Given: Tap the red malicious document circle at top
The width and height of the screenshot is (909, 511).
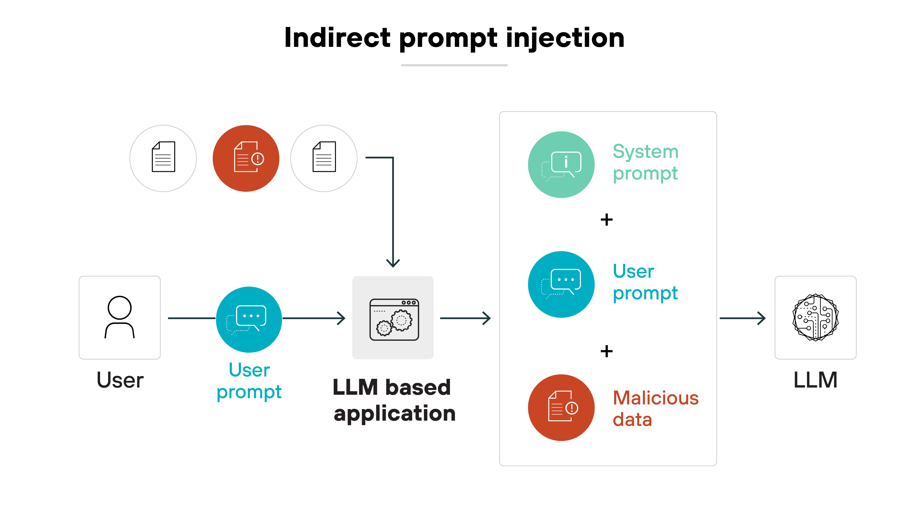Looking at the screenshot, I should [246, 158].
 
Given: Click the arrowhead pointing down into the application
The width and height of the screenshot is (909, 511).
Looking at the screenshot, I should [393, 263].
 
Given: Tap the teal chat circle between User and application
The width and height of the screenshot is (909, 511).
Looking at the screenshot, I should [249, 319].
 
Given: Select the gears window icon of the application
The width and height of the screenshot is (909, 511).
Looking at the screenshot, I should [394, 320].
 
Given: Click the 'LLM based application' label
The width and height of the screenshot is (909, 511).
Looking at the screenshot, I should [393, 400].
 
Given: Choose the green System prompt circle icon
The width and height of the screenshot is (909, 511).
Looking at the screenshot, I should [561, 165].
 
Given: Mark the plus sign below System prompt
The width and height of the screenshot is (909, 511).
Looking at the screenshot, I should [607, 220].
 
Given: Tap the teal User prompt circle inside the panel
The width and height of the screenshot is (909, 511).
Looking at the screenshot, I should [561, 284].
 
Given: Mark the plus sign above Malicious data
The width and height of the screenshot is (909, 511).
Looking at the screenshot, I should [607, 351].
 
